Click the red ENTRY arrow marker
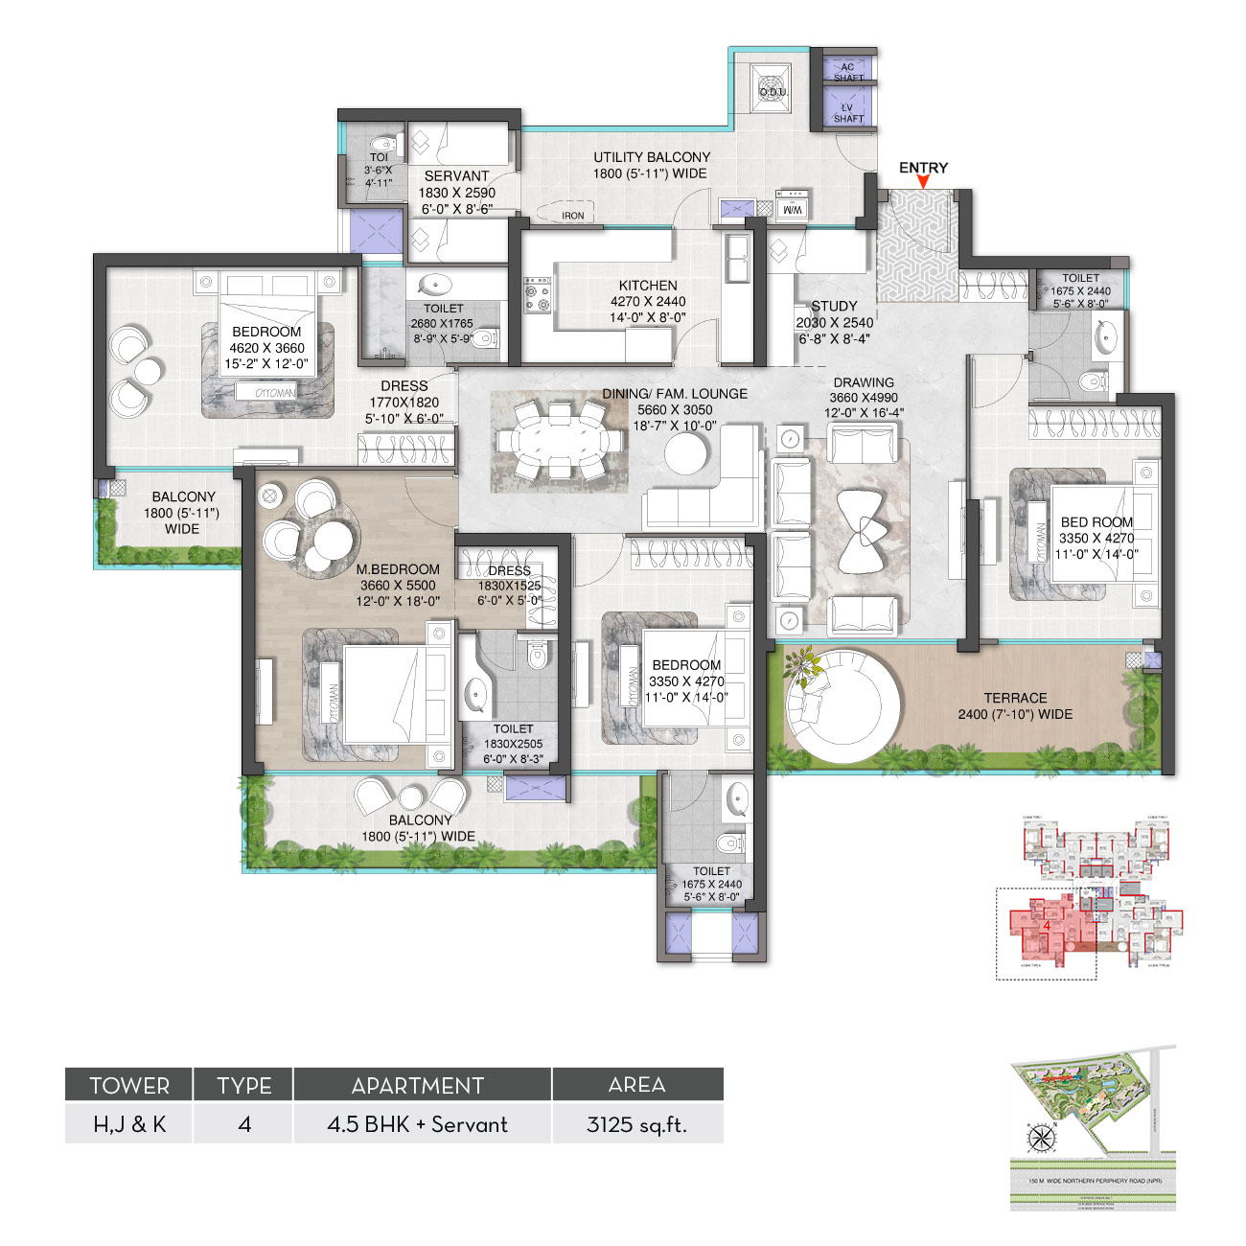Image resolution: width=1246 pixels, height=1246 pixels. (x=923, y=182)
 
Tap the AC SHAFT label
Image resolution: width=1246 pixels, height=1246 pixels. (x=848, y=72)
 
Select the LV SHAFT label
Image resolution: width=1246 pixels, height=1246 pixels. (x=848, y=113)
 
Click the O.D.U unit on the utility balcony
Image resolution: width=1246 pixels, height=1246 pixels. (x=772, y=90)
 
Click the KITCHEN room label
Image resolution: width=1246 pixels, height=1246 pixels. (x=648, y=286)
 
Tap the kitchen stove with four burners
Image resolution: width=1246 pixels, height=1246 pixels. (x=537, y=294)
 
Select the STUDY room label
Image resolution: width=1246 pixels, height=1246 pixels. (x=834, y=306)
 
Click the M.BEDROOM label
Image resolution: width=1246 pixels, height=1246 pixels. (x=398, y=569)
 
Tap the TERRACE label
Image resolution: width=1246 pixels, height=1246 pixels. (x=1015, y=698)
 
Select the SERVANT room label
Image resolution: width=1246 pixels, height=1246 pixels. (x=456, y=176)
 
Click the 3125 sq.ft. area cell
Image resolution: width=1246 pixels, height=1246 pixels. (x=636, y=1124)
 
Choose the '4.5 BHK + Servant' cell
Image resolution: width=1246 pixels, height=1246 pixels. (x=418, y=1124)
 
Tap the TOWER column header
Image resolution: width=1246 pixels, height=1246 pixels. (x=129, y=1085)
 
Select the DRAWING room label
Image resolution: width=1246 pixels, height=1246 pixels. (x=863, y=382)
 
